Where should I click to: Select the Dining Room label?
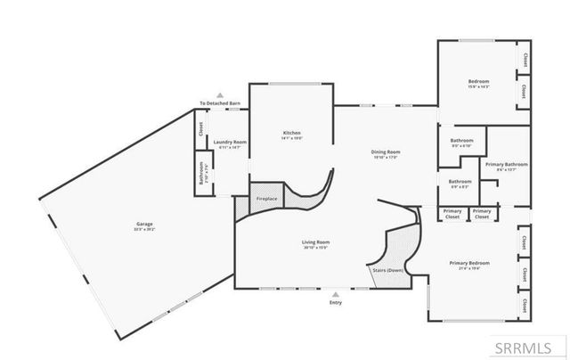click(386, 152)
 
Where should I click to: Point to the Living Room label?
click(316, 242)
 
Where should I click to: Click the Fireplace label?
click(267, 198)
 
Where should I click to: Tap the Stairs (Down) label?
click(387, 270)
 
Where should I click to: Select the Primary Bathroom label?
click(507, 165)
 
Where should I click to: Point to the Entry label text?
click(335, 303)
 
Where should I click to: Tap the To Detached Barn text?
click(220, 104)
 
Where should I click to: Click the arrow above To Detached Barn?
click(220, 95)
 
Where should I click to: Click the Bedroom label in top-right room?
click(479, 81)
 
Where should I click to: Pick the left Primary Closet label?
click(453, 214)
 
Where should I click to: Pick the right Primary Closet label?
click(482, 214)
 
